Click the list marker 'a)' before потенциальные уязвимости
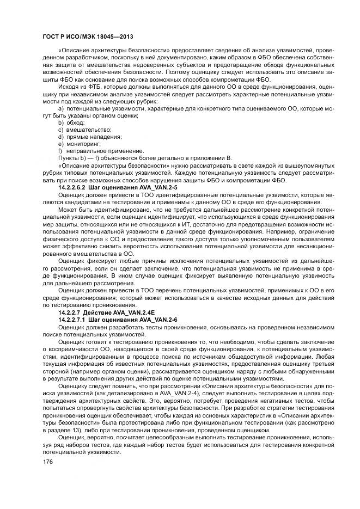pos(61,109)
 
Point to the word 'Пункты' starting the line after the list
pos(69,157)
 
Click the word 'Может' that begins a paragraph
pos(68,208)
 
